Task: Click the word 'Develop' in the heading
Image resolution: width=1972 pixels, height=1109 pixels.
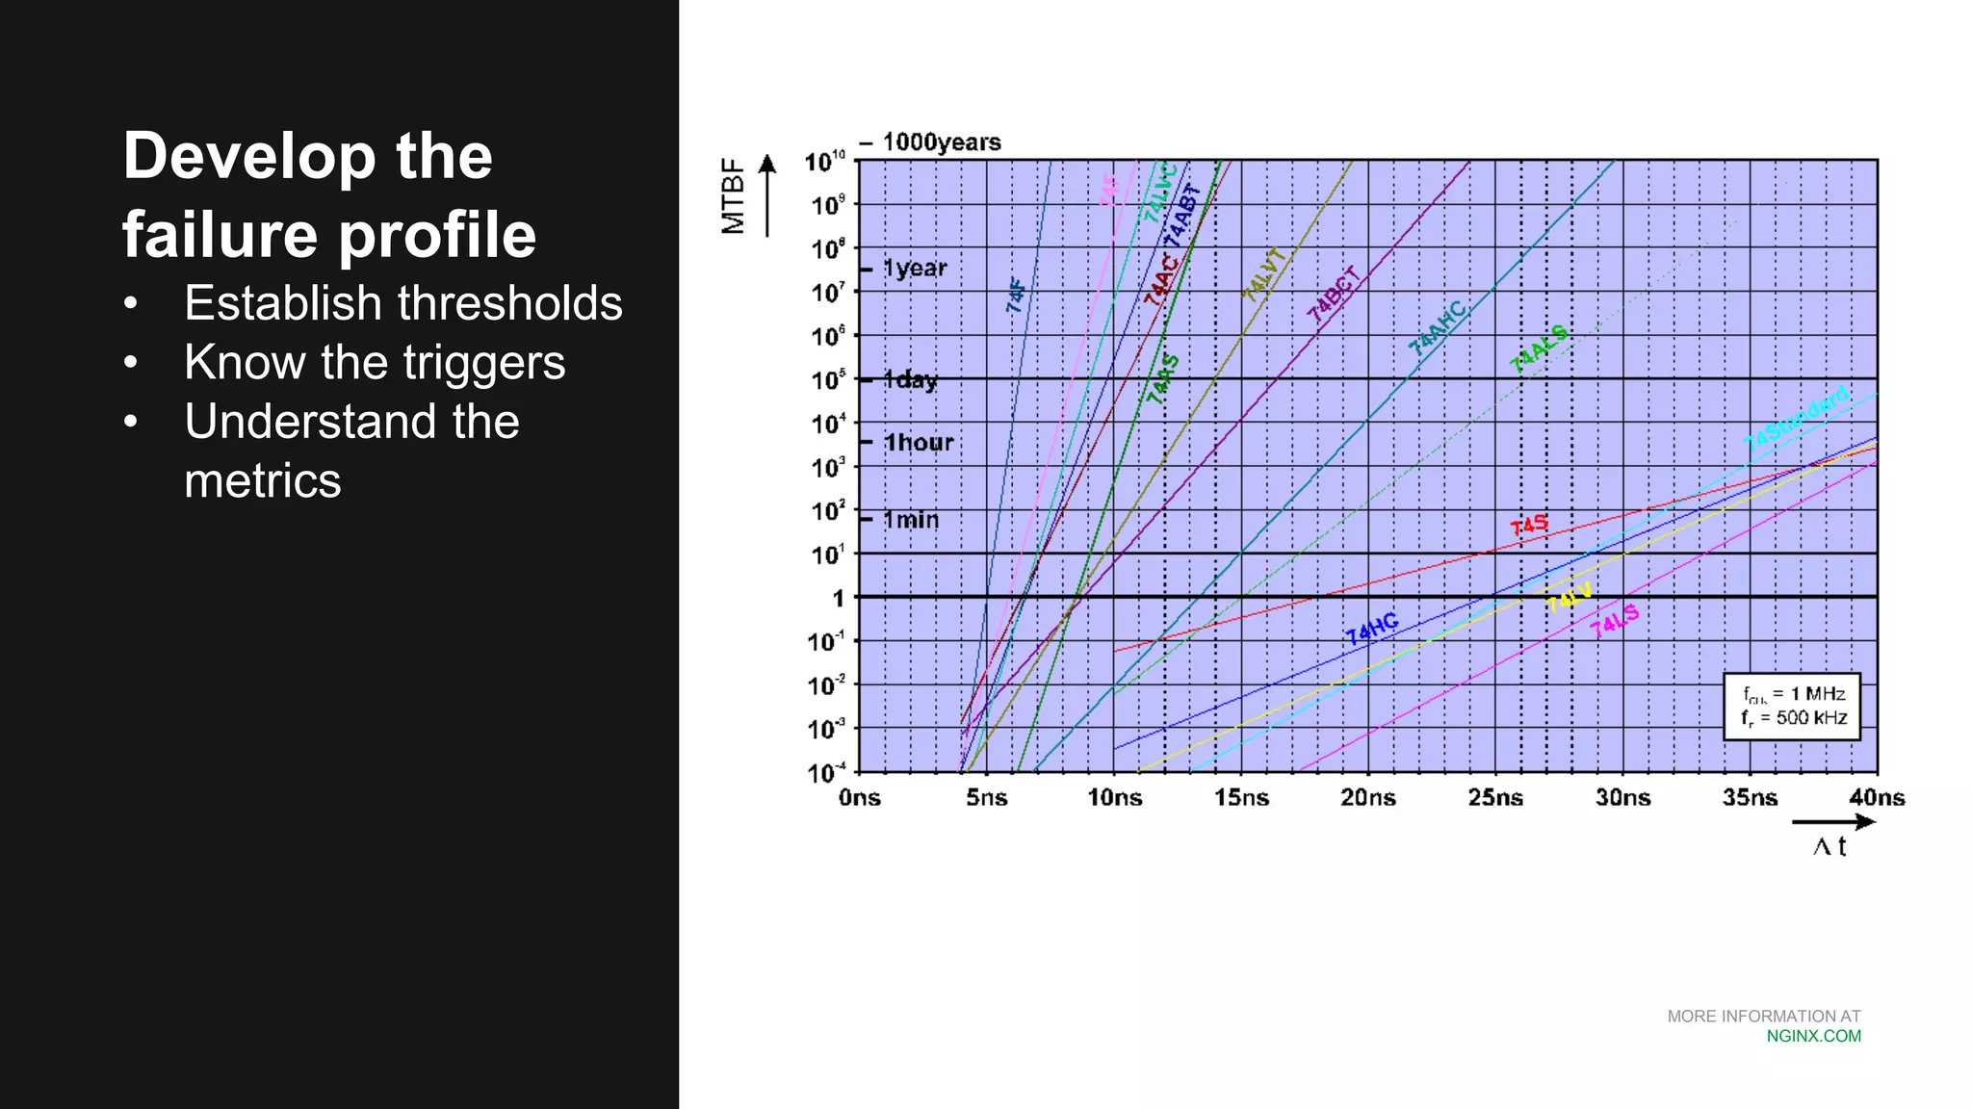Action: [x=248, y=156]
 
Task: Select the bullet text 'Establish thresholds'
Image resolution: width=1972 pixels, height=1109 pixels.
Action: [x=402, y=303]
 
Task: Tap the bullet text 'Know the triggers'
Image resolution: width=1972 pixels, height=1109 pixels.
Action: [x=375, y=363]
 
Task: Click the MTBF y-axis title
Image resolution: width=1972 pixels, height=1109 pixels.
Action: [x=734, y=195]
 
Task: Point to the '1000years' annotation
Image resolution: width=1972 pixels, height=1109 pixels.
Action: [x=941, y=142]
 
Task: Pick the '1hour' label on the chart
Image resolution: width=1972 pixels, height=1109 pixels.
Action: [x=919, y=443]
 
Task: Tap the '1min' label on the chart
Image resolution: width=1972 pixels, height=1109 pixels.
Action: [x=911, y=520]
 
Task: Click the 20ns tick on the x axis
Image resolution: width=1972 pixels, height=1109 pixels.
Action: [x=1367, y=797]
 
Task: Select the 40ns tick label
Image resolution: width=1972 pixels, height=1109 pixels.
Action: [x=1876, y=797]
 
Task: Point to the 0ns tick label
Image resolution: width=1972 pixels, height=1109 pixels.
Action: [x=859, y=797]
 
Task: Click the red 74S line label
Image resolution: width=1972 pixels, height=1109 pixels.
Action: [x=1529, y=526]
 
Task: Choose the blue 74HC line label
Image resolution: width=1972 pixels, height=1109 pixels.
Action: [x=1372, y=629]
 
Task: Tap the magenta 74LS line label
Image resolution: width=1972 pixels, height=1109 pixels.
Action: [x=1614, y=622]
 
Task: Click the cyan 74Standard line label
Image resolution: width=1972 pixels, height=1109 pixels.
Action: [x=1797, y=419]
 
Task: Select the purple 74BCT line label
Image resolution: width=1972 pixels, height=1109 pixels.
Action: [x=1334, y=295]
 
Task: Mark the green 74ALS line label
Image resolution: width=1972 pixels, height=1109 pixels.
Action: [x=1539, y=348]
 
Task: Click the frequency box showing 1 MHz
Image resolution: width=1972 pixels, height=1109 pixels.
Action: [x=1792, y=706]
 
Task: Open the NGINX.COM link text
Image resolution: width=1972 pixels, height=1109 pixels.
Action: [x=1813, y=1036]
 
